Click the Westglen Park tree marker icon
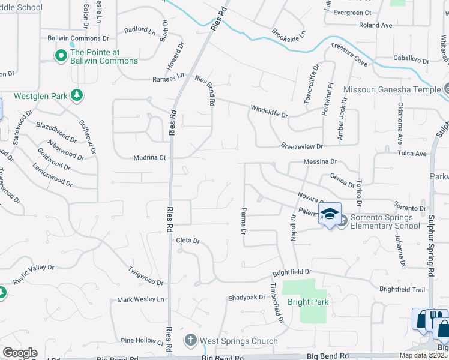pos(76,95)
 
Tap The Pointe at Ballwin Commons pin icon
pos(61,56)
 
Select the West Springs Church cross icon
pos(191,341)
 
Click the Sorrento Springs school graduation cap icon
pos(330,215)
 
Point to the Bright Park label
pos(308,302)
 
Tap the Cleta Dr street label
pos(187,241)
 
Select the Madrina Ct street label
pos(149,158)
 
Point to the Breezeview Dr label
pos(302,146)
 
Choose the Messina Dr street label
pos(321,162)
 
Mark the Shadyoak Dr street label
pos(246,298)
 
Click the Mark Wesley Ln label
pos(140,299)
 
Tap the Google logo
pos(20,353)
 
